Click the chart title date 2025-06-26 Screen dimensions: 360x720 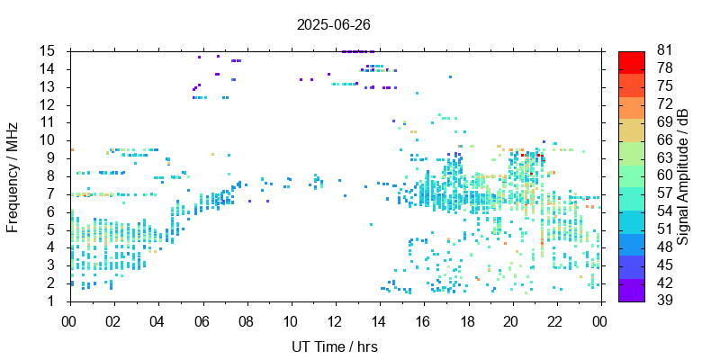pos(333,24)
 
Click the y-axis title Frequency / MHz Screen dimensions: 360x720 pos(13,176)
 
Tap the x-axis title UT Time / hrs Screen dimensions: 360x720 pos(334,346)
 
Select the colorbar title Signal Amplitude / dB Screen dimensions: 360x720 pos(684,176)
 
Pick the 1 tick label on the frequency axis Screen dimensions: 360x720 pos(53,301)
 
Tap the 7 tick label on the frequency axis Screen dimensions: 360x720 pos(53,193)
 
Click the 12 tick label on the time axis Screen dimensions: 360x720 pos(335,319)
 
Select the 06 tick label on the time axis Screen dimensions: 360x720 pos(202,319)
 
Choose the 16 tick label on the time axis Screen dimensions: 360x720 pos(423,319)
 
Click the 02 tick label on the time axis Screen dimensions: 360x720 pos(113,319)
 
